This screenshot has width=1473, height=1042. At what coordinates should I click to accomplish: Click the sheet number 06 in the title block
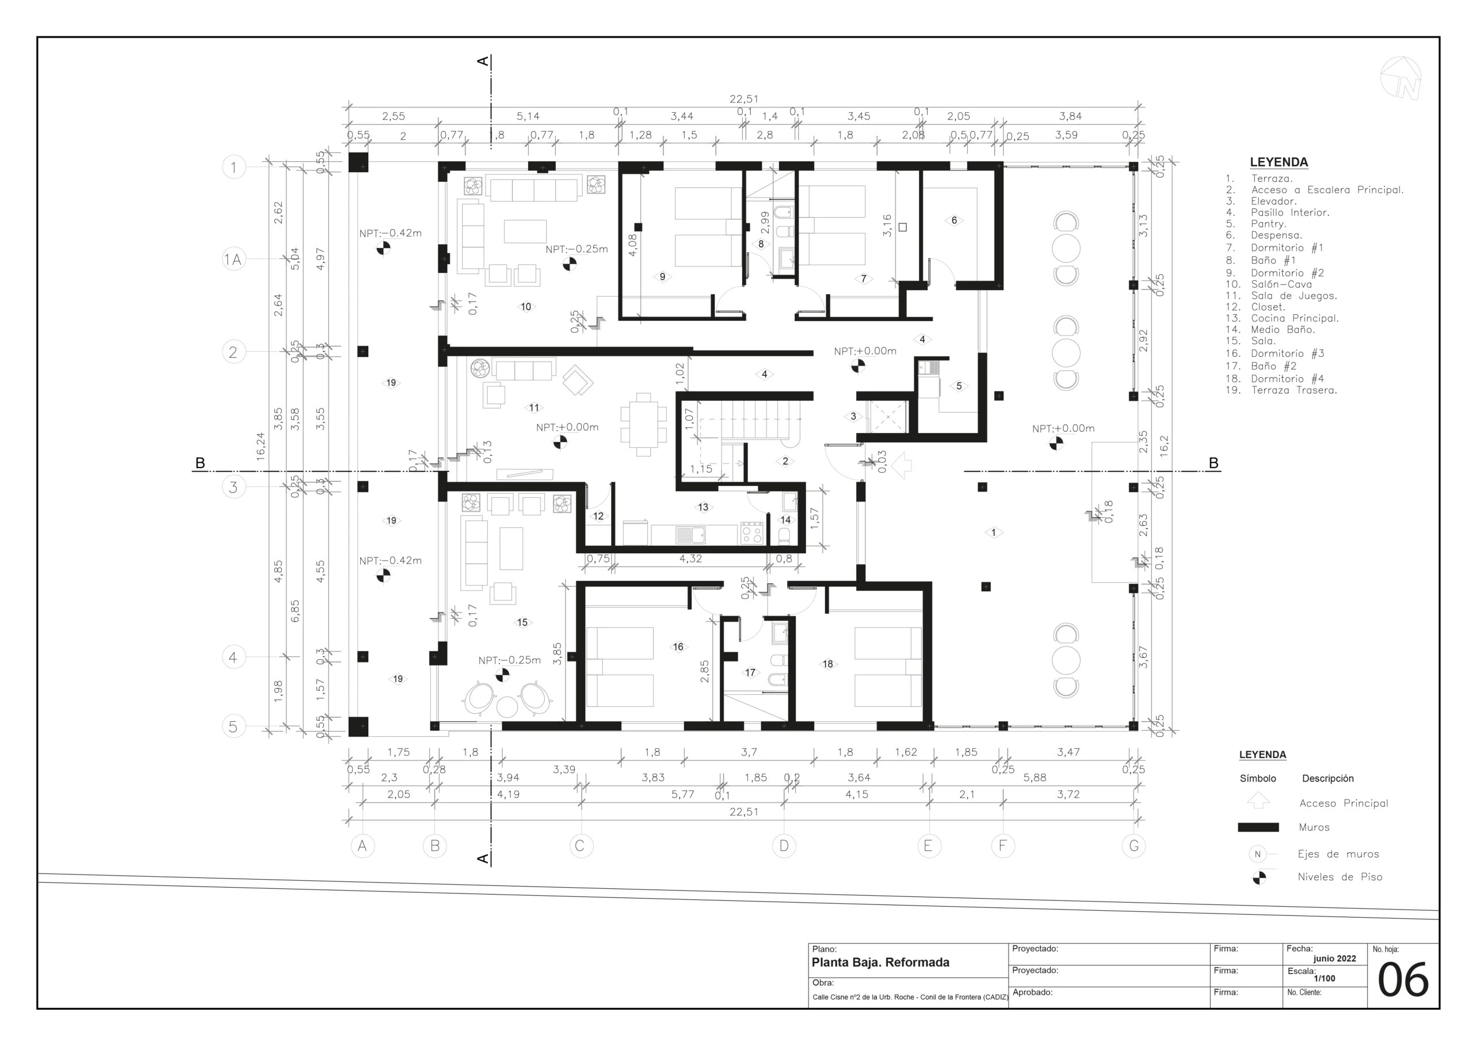pos(1403,980)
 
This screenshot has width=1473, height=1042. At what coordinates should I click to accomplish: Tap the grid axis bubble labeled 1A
pos(233,260)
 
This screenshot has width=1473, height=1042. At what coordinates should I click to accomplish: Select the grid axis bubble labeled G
pos(1134,846)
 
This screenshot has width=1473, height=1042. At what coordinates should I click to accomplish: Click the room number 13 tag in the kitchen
pos(703,507)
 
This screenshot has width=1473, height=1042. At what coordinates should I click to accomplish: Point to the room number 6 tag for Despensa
pos(954,220)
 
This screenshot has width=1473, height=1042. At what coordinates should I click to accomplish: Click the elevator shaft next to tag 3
pos(887,417)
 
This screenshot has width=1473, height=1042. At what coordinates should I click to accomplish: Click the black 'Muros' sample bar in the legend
pos(1258,828)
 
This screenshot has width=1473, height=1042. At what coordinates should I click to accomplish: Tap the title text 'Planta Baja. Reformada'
pos(880,963)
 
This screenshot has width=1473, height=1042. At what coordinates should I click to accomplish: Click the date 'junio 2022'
pos(1334,959)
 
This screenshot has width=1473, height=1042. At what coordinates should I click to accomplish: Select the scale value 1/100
pos(1324,979)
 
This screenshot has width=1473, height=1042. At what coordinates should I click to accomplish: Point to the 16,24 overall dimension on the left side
pos(260,446)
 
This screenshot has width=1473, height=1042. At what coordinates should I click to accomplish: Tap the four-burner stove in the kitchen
pos(751,533)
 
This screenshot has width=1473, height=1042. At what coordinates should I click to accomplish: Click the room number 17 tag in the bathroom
pos(750,673)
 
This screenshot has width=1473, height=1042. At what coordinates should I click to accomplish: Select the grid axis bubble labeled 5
pos(233,727)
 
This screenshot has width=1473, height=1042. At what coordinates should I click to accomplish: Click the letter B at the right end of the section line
pos(1213,463)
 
